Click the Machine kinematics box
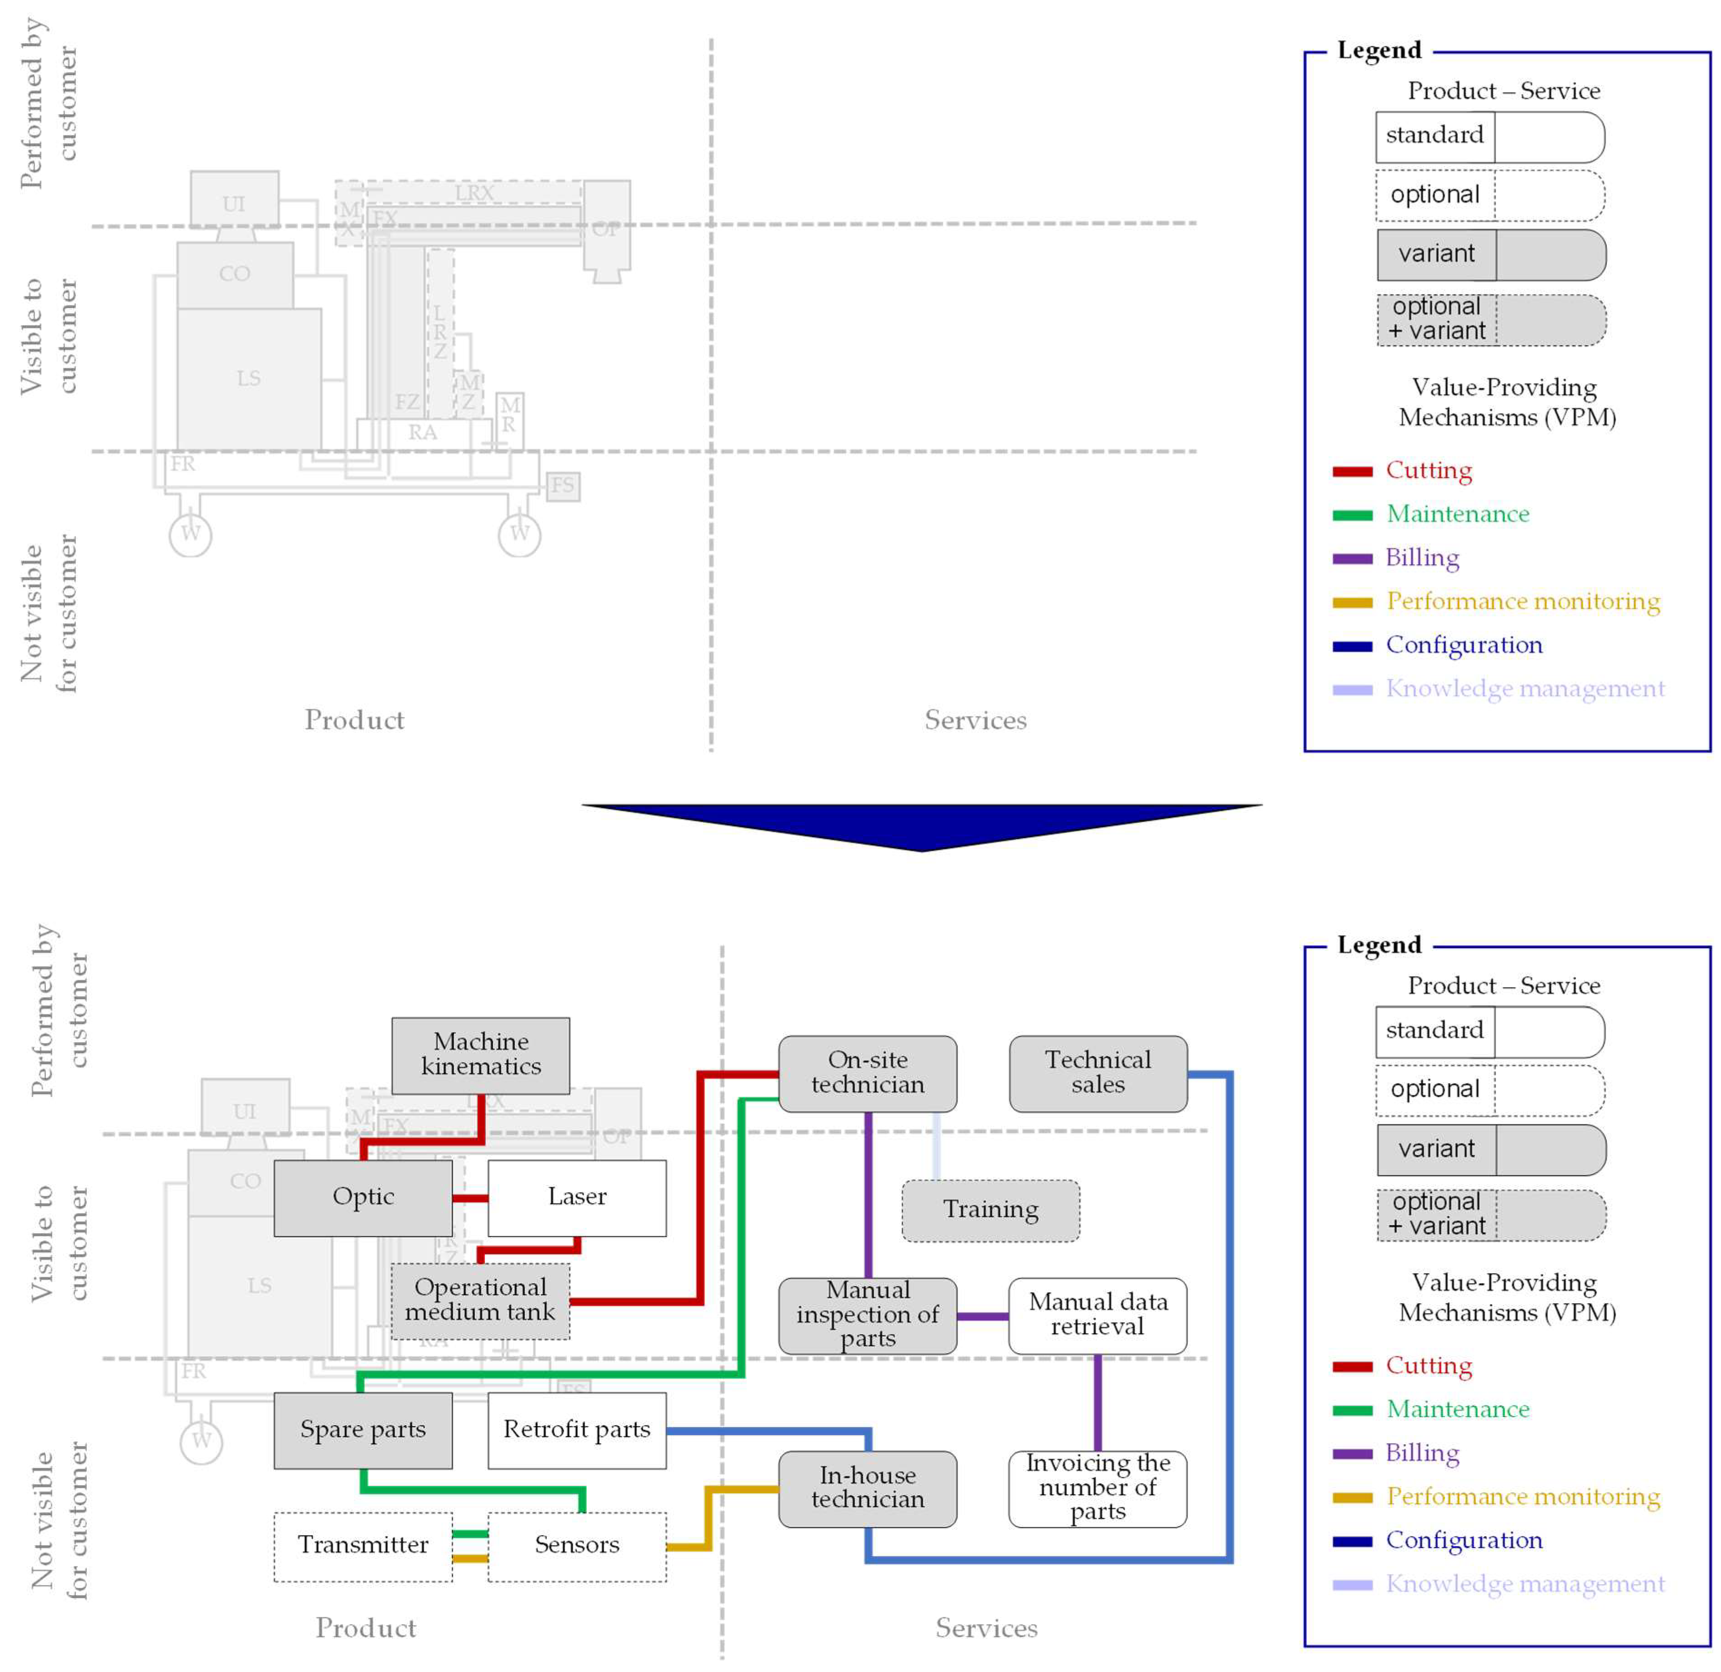coord(480,1055)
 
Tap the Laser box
coord(577,1198)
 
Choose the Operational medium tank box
coord(480,1301)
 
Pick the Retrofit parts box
coord(577,1431)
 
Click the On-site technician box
coord(868,1073)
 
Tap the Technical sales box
coord(1097,1073)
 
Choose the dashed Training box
coord(990,1210)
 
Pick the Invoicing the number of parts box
coord(1097,1488)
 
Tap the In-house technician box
coord(868,1488)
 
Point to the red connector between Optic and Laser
coord(470,1198)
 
